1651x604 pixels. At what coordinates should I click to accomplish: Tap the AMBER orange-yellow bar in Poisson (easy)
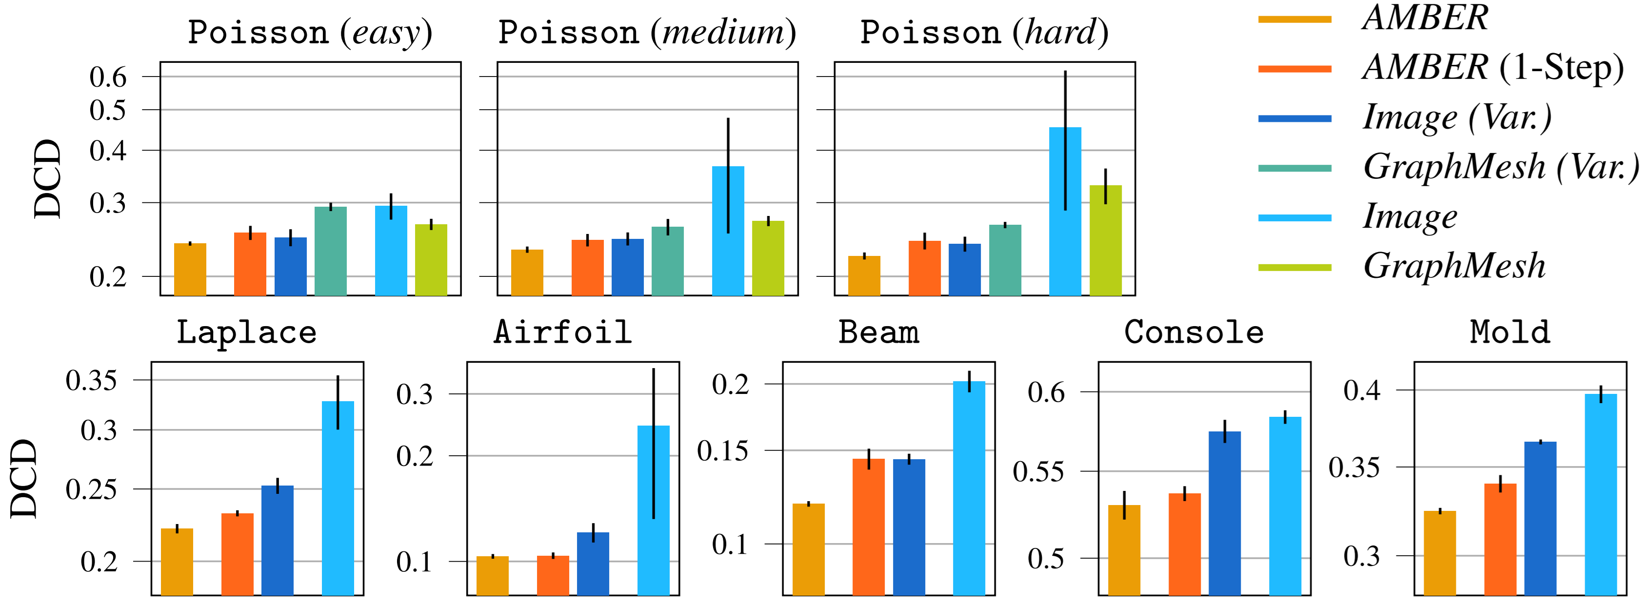tap(190, 270)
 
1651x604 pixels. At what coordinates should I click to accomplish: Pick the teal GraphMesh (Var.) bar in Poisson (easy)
tap(331, 251)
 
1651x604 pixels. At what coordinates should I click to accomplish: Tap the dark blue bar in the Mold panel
tap(1540, 518)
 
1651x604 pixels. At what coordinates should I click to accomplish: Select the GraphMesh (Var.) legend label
tap(1500, 167)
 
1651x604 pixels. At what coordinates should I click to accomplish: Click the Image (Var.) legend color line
tap(1294, 118)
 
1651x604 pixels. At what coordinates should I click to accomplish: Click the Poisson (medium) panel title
tap(647, 32)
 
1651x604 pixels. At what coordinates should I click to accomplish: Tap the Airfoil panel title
tap(563, 332)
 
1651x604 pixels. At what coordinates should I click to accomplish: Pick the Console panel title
tap(1194, 332)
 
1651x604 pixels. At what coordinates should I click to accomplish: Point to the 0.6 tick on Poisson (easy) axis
tap(108, 77)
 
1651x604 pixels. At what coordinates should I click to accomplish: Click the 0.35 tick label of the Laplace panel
tap(91, 380)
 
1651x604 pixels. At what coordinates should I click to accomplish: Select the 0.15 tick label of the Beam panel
tap(722, 451)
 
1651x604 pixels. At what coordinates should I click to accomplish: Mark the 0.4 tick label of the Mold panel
tap(1361, 390)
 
